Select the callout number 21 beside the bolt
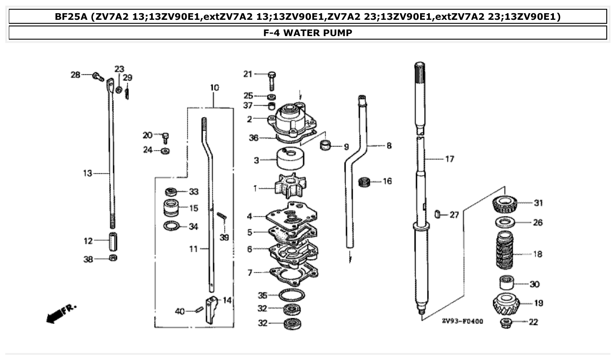tap(248, 74)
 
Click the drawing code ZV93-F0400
tap(462, 321)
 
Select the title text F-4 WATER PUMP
tap(308, 33)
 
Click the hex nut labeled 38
tap(112, 258)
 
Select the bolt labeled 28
tap(98, 77)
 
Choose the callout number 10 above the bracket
tap(214, 88)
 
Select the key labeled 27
tap(438, 214)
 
